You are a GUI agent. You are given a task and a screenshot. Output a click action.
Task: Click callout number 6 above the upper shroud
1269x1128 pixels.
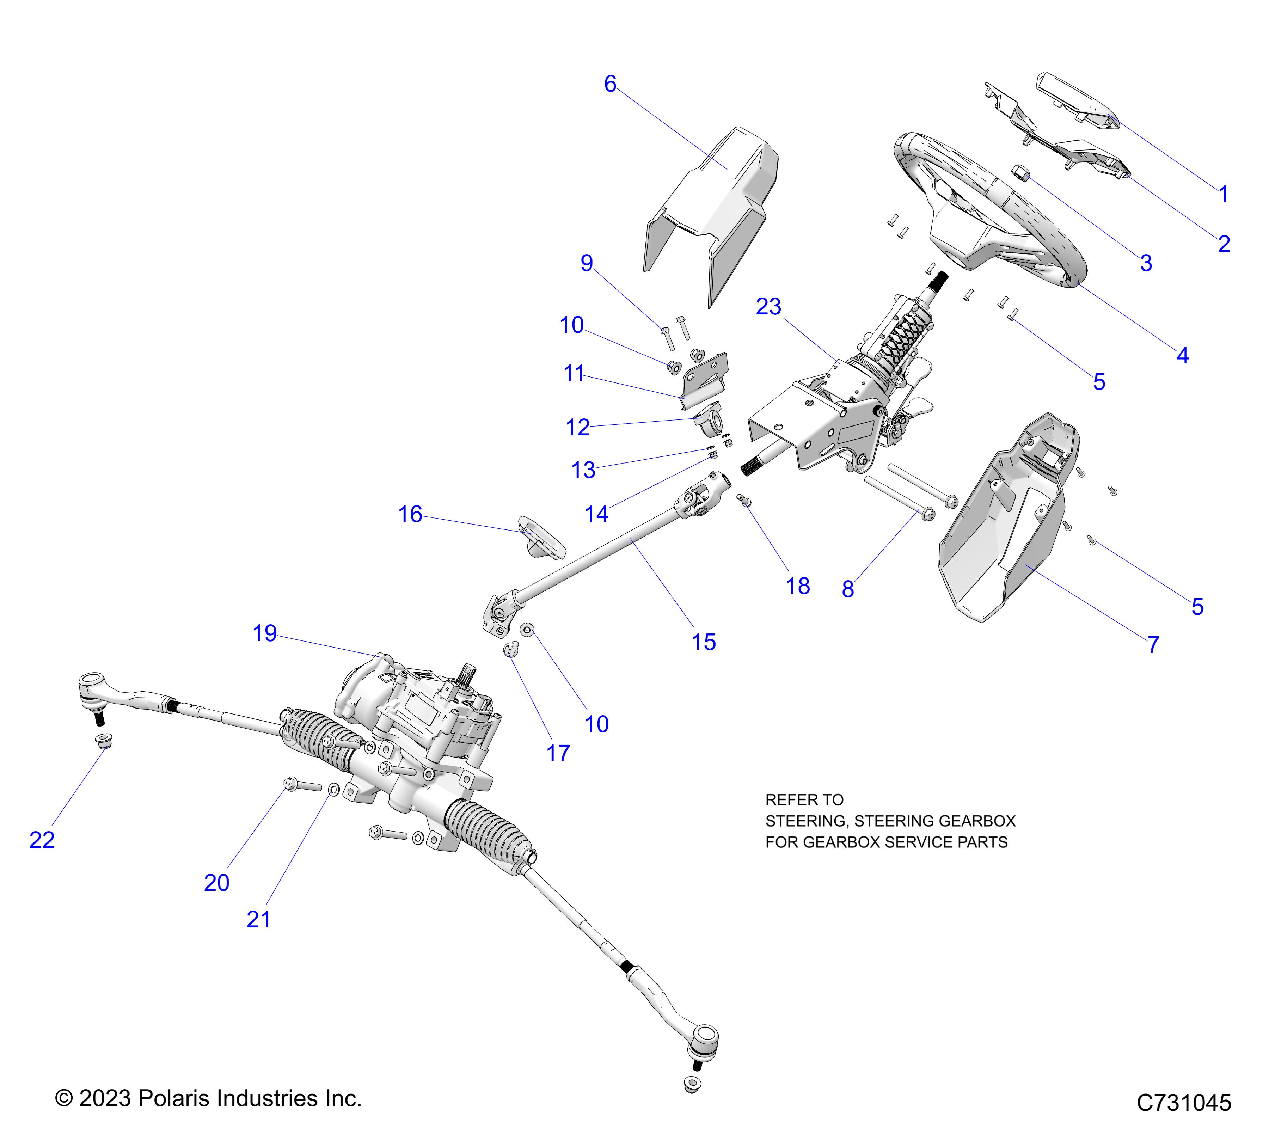coord(610,84)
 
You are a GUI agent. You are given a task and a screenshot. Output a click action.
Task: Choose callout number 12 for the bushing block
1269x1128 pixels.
coord(577,427)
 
